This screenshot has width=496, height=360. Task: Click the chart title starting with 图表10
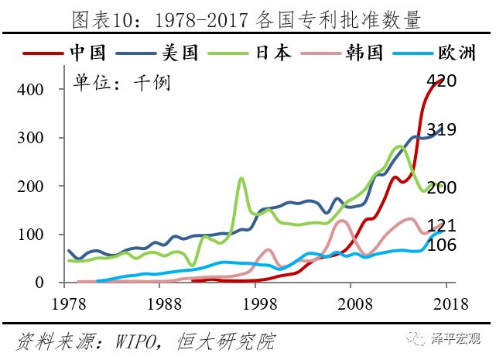248,18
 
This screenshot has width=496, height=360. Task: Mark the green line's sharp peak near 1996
241,179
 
